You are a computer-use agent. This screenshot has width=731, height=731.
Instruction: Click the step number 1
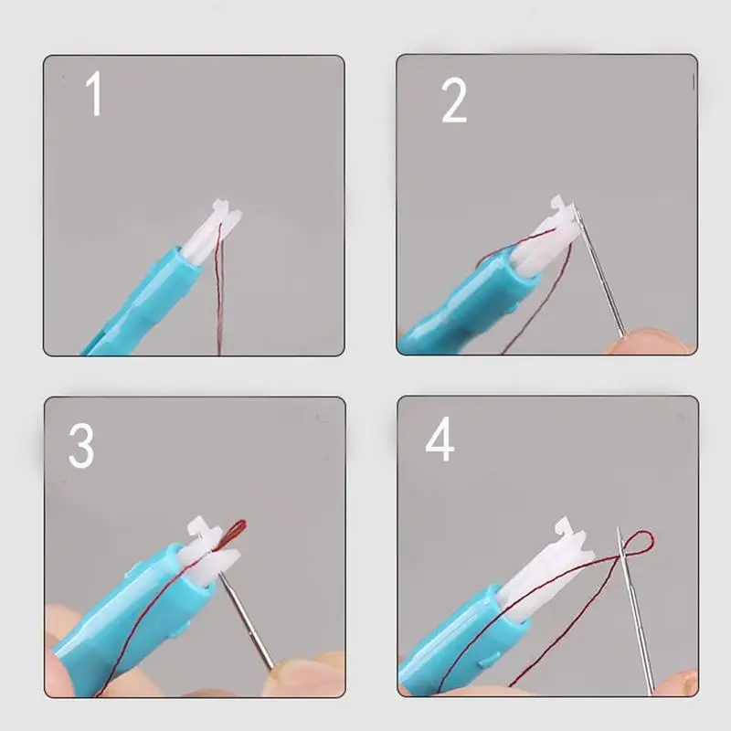[x=95, y=94]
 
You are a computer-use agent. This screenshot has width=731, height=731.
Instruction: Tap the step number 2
[x=453, y=101]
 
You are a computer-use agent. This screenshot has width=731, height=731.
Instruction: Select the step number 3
[x=81, y=445]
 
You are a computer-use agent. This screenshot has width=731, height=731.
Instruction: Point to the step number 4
[x=440, y=439]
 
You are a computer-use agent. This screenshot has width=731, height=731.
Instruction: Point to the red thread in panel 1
[x=218, y=289]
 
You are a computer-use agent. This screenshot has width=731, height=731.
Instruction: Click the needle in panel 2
[x=600, y=275]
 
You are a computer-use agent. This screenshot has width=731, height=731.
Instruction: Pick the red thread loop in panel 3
[x=236, y=533]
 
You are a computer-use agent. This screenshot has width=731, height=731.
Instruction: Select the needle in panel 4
[x=635, y=610]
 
